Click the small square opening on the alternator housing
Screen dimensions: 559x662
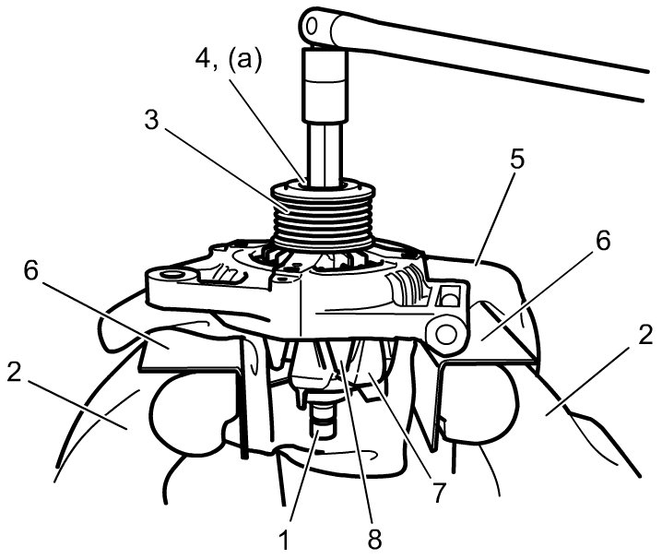(x=451, y=296)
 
